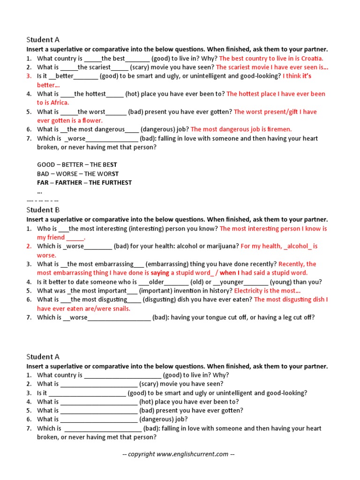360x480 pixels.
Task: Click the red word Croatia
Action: tap(311, 58)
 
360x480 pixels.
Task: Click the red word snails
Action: tap(119, 308)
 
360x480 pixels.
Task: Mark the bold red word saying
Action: tap(160, 273)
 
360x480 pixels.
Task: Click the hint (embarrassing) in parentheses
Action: tap(166, 264)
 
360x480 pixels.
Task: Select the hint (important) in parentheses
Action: tap(157, 291)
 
